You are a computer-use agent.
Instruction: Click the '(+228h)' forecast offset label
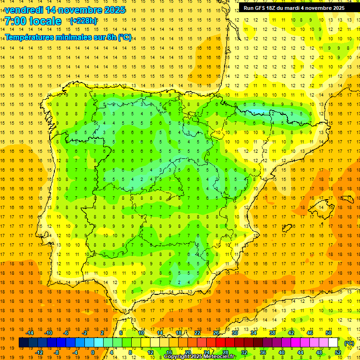click(x=83, y=21)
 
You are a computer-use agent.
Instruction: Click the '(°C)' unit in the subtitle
click(x=125, y=37)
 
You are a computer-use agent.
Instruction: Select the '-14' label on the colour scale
click(x=30, y=333)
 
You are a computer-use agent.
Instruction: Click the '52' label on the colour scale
click(x=338, y=352)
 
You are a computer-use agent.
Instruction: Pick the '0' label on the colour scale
click(x=93, y=352)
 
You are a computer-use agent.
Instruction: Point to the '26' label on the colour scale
click(x=216, y=333)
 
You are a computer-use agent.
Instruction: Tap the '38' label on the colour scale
click(x=272, y=333)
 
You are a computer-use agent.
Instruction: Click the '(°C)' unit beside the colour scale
click(x=348, y=343)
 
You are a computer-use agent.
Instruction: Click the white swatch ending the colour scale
click(x=333, y=343)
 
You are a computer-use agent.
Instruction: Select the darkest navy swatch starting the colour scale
click(x=23, y=343)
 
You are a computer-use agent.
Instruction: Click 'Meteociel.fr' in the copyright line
click(x=219, y=357)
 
